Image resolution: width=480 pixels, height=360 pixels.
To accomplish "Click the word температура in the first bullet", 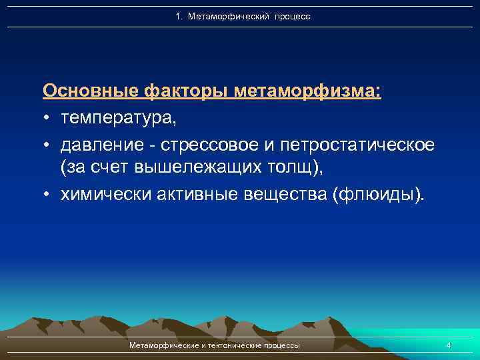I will point(118,118).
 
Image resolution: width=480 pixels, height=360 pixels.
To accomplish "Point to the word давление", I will point(99,144).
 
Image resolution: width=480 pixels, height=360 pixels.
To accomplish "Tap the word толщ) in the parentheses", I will point(298,169).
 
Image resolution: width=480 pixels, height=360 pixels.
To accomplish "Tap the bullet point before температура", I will point(48,119).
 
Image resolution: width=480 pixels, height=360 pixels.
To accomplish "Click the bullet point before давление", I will point(48,145).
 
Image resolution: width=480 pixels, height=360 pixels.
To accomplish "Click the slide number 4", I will point(449,345).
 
